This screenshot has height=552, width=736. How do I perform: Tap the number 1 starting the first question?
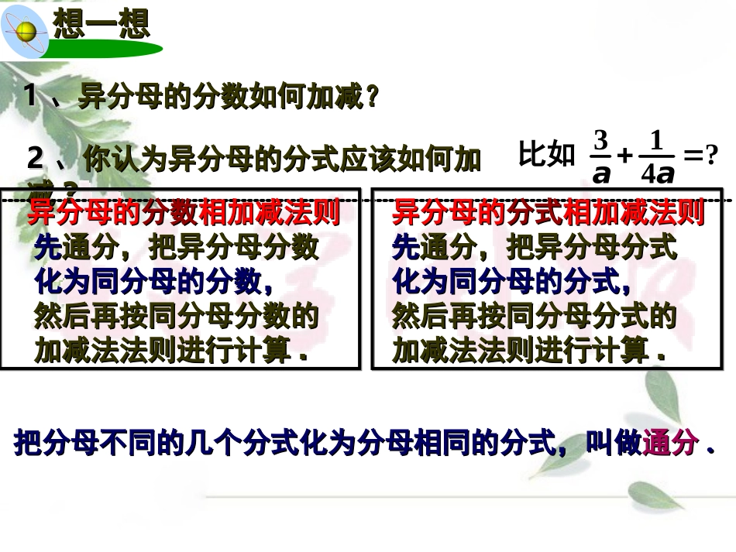pyautogui.click(x=30, y=97)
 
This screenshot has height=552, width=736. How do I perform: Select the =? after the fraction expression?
pyautogui.click(x=701, y=157)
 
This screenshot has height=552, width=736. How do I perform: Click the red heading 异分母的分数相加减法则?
pyautogui.click(x=184, y=212)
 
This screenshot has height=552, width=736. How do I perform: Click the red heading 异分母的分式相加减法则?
pyautogui.click(x=548, y=212)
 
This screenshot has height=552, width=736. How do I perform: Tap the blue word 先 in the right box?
pyautogui.click(x=405, y=248)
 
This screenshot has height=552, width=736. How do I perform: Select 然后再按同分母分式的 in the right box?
pyautogui.click(x=535, y=317)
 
